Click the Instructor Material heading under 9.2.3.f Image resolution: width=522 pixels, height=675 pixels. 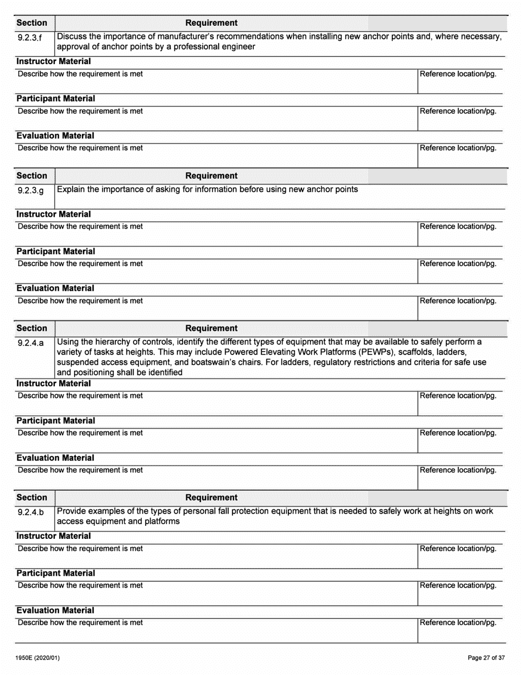click(x=54, y=61)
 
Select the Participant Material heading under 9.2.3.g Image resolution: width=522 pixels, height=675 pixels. click(x=55, y=251)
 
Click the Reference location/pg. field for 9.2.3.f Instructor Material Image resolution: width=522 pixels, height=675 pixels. click(x=460, y=80)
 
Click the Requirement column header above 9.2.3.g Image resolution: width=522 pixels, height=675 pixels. click(x=212, y=176)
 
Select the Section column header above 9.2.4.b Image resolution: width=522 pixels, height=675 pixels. click(x=32, y=497)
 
